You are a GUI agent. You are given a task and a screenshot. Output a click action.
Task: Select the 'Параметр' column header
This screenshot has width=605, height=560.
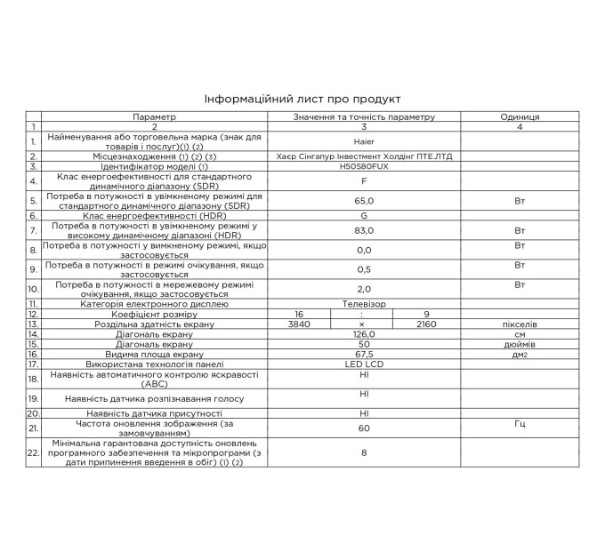click(155, 116)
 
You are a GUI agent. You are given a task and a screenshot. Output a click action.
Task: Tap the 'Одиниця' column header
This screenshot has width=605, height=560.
click(520, 116)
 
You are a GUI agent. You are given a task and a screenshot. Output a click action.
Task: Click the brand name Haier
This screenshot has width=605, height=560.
click(364, 141)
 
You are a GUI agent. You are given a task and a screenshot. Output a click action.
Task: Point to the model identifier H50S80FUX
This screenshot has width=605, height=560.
click(364, 166)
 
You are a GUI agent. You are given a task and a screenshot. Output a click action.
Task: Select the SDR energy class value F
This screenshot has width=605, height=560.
click(364, 180)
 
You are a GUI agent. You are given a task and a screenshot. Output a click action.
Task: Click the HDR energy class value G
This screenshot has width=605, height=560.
click(364, 215)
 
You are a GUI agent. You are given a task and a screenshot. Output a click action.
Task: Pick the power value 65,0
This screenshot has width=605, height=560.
click(364, 201)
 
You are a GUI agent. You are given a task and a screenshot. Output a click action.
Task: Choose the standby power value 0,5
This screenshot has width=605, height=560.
click(364, 268)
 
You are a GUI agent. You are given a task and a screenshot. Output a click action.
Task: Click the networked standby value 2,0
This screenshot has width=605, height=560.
click(364, 288)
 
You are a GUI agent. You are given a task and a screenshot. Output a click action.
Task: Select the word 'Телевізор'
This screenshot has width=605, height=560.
click(364, 303)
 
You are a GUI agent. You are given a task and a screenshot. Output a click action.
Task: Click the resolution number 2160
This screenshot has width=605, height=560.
click(428, 324)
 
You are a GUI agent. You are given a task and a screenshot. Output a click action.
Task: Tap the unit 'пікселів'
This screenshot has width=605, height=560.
click(520, 324)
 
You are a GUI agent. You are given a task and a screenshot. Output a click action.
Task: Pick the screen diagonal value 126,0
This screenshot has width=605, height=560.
click(364, 334)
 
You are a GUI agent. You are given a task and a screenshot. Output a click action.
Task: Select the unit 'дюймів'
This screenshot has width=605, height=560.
click(520, 344)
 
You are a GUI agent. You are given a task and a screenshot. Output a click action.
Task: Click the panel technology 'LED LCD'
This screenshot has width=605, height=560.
click(364, 364)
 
